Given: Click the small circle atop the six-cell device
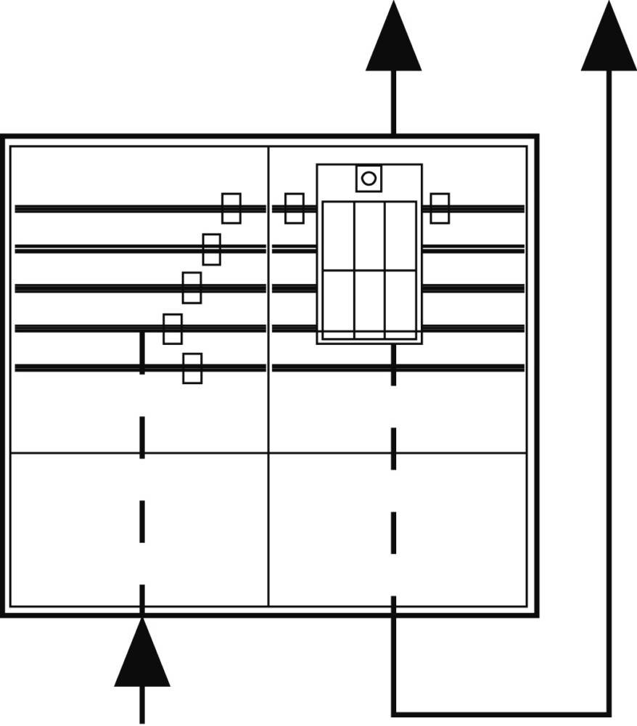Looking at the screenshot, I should tap(369, 178).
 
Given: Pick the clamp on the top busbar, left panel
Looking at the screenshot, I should tap(231, 208).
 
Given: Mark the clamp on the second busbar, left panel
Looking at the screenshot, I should tap(212, 249).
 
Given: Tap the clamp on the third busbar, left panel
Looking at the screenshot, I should tap(192, 287).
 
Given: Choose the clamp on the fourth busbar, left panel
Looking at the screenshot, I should tap(173, 329).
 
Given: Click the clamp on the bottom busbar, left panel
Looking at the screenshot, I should tap(192, 368).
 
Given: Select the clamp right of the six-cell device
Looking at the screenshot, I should tap(440, 208).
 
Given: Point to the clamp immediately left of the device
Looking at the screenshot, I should tap(295, 208).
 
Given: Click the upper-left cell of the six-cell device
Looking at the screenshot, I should tap(338, 236).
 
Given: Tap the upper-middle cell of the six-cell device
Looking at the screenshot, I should tap(369, 236).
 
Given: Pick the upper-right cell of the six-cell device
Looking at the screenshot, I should tap(400, 236).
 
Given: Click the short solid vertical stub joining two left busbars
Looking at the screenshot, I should tap(142, 351).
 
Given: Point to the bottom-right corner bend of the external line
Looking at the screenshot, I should tap(609, 713).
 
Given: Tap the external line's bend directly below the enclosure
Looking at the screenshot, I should tap(394, 713).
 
